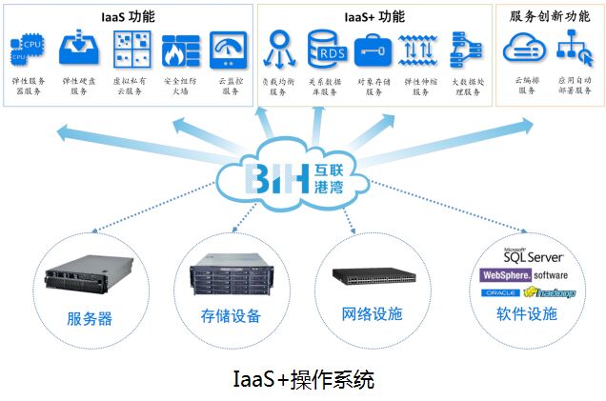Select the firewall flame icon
pos(178,49)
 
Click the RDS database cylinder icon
pos(326,48)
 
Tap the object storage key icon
pos(373,49)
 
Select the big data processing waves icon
pos(462,49)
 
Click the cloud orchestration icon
pos(523,47)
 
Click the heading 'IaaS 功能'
pos(128,16)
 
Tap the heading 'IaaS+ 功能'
pos(374,16)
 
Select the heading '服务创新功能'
pos(550,16)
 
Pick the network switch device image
pos(373,277)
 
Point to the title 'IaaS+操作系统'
pos(303,378)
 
